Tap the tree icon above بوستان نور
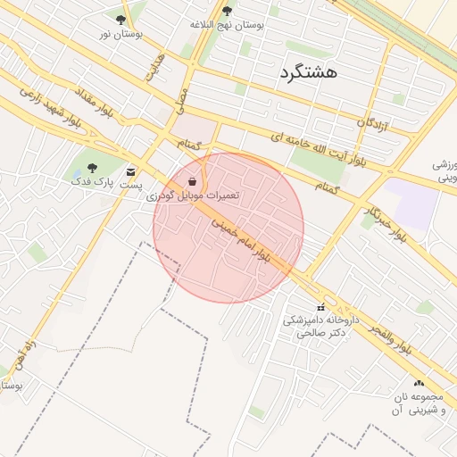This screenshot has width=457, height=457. pyautogui.click(x=120, y=19)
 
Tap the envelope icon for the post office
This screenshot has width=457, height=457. pyautogui.click(x=132, y=171)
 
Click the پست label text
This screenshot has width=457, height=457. pyautogui.click(x=132, y=185)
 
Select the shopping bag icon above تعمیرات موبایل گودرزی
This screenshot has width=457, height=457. pyautogui.click(x=193, y=181)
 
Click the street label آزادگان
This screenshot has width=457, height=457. pyautogui.click(x=374, y=121)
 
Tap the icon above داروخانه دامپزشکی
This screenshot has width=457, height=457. pyautogui.click(x=320, y=307)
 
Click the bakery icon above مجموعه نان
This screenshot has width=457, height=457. pyautogui.click(x=419, y=383)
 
